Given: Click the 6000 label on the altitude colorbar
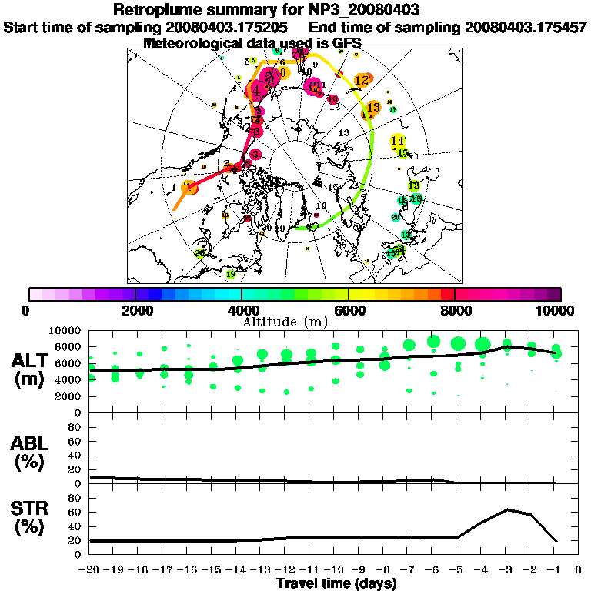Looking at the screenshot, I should point(348,310).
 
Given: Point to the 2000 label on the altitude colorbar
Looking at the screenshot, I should point(135,310).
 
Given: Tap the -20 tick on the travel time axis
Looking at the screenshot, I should point(91,569).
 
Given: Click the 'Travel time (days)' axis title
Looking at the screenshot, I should point(336,583).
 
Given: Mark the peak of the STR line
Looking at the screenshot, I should point(508,509).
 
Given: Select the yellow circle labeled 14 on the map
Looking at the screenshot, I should point(398,141).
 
